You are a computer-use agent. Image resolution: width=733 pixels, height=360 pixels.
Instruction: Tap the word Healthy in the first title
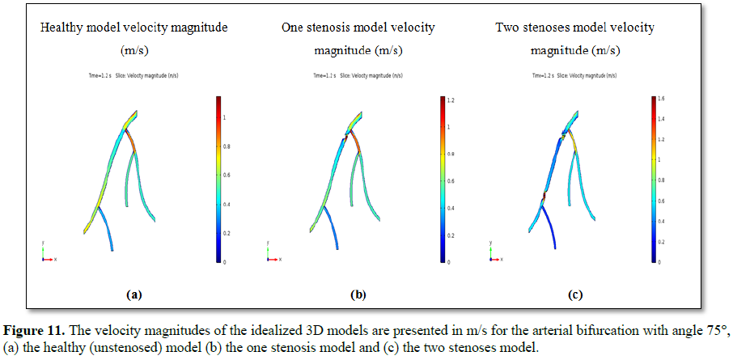click(61, 28)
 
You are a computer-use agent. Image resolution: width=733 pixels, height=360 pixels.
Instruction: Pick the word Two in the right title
click(507, 28)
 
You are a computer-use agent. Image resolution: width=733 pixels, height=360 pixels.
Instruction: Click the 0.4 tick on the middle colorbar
click(451, 209)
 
